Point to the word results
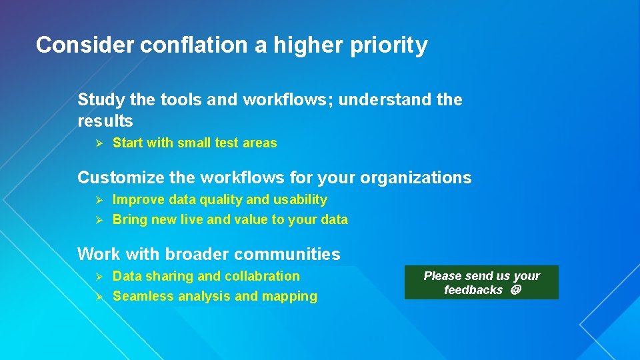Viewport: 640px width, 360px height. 105,121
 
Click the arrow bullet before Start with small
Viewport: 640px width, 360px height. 97,143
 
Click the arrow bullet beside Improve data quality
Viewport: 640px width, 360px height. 97,200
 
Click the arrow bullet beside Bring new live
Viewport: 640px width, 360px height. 97,220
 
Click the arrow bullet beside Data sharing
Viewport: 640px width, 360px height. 97,277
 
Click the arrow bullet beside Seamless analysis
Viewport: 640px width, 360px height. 97,297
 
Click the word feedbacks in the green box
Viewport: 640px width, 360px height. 473,290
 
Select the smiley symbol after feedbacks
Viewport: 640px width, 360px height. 515,290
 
